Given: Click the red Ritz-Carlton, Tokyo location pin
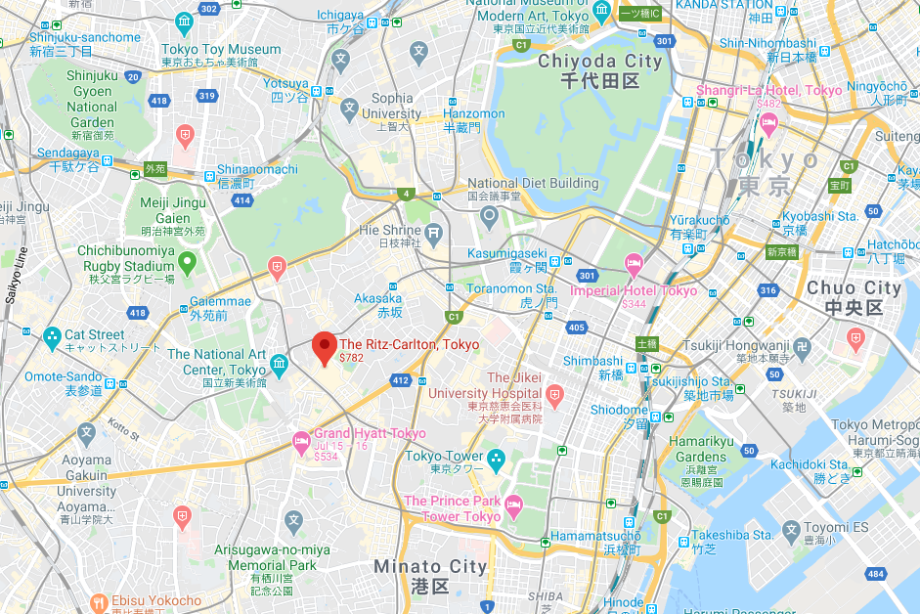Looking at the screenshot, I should pos(324,348).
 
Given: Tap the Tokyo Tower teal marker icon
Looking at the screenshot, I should pos(496,457).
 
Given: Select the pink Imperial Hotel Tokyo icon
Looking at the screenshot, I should pos(634,262).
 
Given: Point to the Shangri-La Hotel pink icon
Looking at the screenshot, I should pos(768,124).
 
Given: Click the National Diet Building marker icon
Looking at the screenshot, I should pos(489,217).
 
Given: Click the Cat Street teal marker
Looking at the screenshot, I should pos(52,338).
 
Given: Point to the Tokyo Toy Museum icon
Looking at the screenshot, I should pos(184,24).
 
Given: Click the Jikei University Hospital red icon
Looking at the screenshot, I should pos(555,397).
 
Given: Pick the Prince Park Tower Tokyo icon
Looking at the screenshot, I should pos(514,504).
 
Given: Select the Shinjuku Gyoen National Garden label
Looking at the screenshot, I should pos(92,100).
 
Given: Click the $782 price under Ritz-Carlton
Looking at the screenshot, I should pos(351,359).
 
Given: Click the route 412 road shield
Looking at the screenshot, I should pos(399,378).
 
